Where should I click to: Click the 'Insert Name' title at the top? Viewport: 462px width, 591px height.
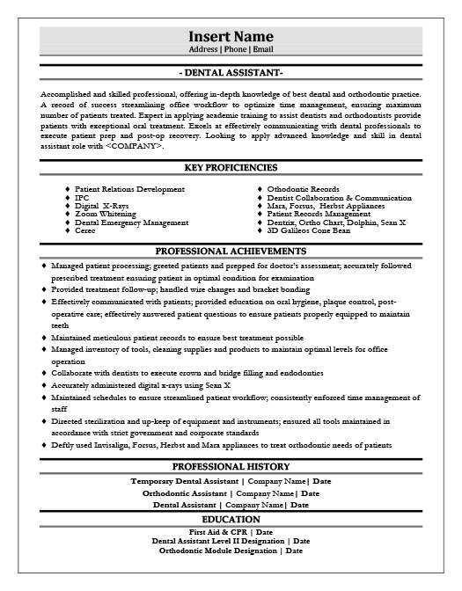pyautogui.click(x=231, y=36)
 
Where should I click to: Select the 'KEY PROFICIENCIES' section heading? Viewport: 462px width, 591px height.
pyautogui.click(x=231, y=167)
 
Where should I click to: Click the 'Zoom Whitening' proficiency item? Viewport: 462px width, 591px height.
pyautogui.click(x=105, y=215)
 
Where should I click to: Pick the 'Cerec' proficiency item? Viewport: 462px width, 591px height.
pyautogui.click(x=86, y=230)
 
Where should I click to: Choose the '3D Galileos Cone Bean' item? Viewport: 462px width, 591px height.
pyautogui.click(x=310, y=230)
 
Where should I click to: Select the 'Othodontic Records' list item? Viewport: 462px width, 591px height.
pyautogui.click(x=304, y=190)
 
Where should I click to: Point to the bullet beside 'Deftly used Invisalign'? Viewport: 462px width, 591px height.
pyautogui.click(x=45, y=446)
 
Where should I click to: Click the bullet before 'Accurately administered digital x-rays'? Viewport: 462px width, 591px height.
pyautogui.click(x=45, y=385)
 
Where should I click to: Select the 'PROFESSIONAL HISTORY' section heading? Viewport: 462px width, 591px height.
pyautogui.click(x=231, y=466)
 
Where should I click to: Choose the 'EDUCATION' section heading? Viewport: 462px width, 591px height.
pyautogui.click(x=231, y=520)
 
